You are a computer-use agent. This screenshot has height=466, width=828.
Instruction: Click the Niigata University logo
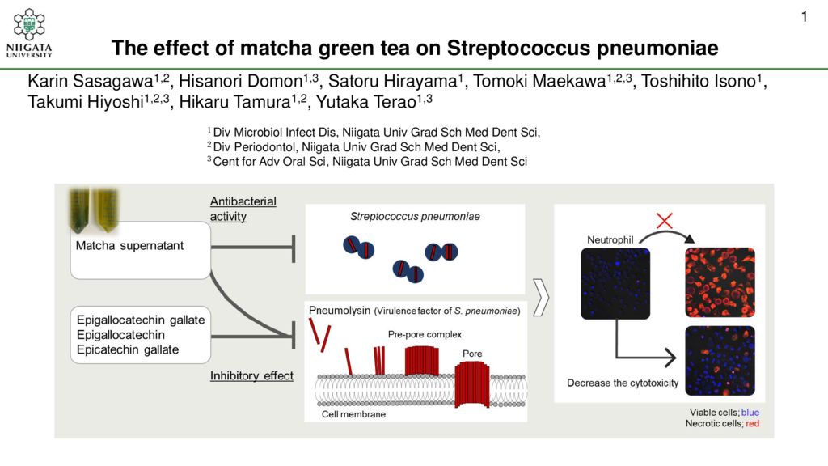coord(29,32)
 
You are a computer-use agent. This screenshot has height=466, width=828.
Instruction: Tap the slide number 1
coord(805,17)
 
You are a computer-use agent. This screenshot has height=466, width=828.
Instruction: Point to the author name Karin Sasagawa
coord(91,82)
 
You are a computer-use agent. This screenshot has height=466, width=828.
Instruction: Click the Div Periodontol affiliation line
coord(353,147)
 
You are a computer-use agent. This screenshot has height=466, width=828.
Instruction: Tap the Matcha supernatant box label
coord(129,246)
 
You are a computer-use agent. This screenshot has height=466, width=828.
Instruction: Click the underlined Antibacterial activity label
coord(243,209)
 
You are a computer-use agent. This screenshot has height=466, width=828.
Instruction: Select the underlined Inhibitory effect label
coord(251,375)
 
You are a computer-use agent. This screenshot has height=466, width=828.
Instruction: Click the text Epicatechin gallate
coord(127,349)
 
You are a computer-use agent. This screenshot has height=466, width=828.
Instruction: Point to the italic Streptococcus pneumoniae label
coord(415,217)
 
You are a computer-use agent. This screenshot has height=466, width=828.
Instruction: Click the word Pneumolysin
coord(340,310)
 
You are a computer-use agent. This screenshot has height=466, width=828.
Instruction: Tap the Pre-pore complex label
coord(425,334)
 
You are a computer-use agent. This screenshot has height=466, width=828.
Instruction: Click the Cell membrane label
coord(353,414)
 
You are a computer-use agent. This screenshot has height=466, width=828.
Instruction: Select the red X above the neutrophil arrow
coord(665,220)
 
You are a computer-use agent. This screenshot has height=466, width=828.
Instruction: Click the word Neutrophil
coord(610,239)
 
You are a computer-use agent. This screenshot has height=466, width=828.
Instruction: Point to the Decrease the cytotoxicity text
coord(623,383)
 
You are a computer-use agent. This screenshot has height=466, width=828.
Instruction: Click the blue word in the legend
coord(750,413)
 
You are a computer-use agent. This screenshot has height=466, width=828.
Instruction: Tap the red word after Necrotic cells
coord(753,424)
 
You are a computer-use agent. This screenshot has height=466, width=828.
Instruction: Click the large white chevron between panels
coord(541,298)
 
